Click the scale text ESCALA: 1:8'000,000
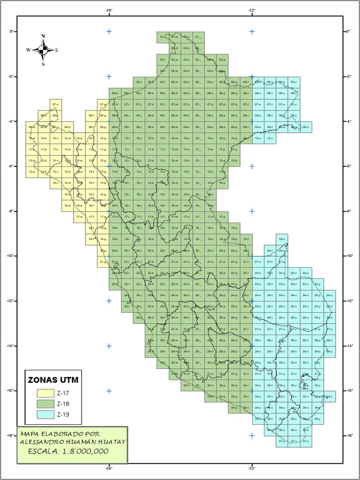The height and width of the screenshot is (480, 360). pyautogui.click(x=68, y=451)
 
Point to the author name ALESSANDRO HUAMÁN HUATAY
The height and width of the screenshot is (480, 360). pyautogui.click(x=72, y=442)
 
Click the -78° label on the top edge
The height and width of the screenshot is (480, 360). pyautogui.click(x=109, y=9)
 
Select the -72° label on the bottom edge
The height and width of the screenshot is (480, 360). pyautogui.click(x=252, y=467)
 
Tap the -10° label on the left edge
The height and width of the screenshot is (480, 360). pyautogui.click(x=10, y=256)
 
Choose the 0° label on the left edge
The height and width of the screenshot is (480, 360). pyautogui.click(x=11, y=31)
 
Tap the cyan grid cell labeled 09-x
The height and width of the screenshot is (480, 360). pyautogui.click(x=306, y=127)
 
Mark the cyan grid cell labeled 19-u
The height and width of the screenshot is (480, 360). pyautogui.click(x=282, y=239)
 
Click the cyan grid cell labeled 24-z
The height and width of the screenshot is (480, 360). pyautogui.click(x=330, y=295)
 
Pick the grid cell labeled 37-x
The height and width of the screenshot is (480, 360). pyautogui.click(x=305, y=441)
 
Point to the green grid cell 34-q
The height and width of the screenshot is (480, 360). pyautogui.click(x=234, y=408)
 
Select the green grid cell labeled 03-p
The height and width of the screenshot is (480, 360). pyautogui.click(x=222, y=60)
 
